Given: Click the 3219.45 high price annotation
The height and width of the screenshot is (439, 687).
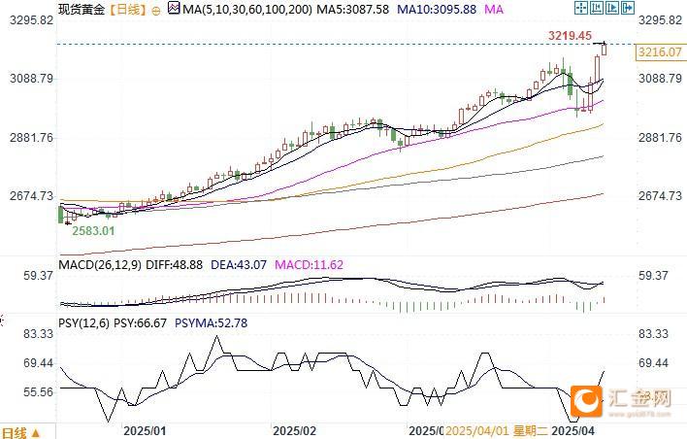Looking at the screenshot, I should pyautogui.click(x=571, y=35).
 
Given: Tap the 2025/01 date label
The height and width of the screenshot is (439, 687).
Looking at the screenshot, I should pyautogui.click(x=145, y=429).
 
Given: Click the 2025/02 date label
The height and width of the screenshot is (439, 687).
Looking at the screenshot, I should pyautogui.click(x=295, y=429).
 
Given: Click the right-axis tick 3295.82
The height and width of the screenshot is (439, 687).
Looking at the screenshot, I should pyautogui.click(x=660, y=19).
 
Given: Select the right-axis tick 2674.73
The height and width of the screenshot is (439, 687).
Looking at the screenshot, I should pyautogui.click(x=660, y=196).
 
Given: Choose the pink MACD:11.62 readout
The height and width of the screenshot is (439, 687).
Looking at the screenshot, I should pyautogui.click(x=310, y=263).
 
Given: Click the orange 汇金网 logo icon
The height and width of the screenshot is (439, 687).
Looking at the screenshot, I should pyautogui.click(x=586, y=399).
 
